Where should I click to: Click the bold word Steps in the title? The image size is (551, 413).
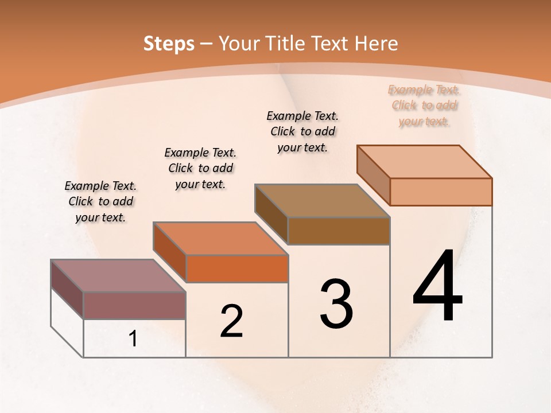tap(169, 44)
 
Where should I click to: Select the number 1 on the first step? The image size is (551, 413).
tap(133, 339)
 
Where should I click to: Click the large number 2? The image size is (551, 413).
tap(231, 321)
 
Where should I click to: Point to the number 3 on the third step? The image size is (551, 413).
tap(336, 304)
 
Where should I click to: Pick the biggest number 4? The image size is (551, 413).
tap(437, 287)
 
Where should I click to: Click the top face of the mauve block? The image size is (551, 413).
tap(118, 276)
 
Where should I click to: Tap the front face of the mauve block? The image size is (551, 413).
tap(134, 305)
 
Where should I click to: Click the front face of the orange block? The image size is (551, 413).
tap(236, 268)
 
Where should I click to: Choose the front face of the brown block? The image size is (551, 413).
tap(339, 231)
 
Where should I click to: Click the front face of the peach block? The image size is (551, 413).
tap(441, 192)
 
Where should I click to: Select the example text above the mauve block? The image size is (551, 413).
tap(100, 202)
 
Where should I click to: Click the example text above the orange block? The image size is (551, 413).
tap(200, 169)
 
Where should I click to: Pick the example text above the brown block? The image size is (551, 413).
tap(302, 132)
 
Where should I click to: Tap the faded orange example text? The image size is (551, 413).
tap(424, 106)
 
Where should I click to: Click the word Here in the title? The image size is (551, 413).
tap(376, 44)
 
